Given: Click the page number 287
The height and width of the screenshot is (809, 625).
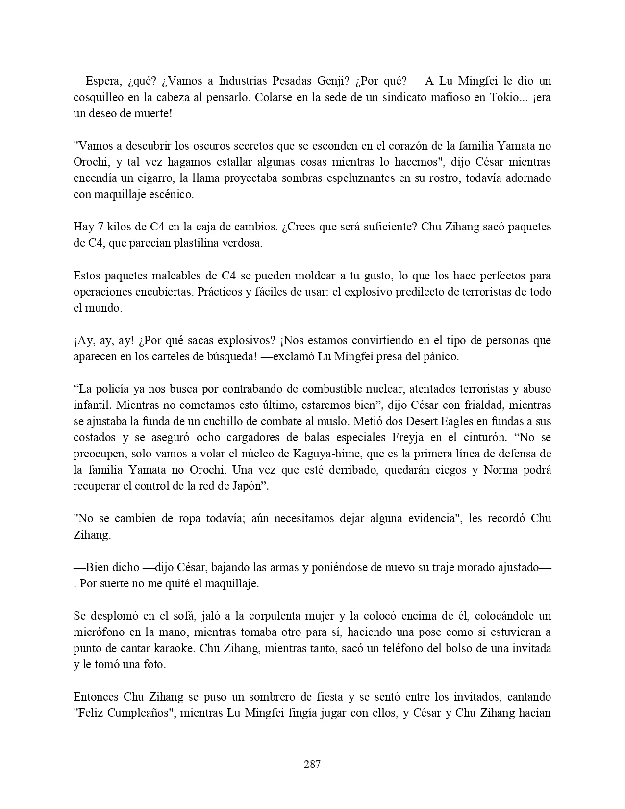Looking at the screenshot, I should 312,763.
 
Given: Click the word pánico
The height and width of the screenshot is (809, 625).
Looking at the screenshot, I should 439,356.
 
